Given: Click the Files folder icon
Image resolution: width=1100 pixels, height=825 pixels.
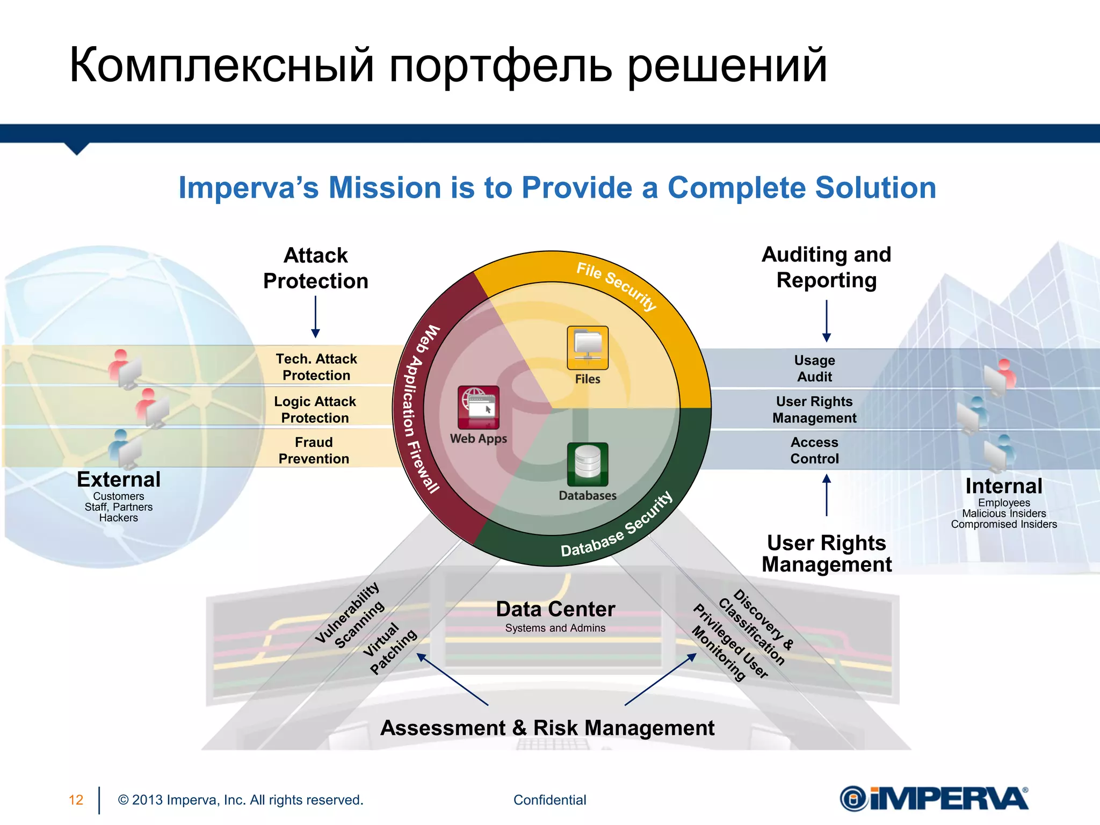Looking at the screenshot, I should [x=588, y=348].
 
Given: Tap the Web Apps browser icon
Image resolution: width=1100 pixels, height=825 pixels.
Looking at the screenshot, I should [x=478, y=407].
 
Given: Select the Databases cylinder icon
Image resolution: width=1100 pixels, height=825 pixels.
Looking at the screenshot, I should [x=588, y=464].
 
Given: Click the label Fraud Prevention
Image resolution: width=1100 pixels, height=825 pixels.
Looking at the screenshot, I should [x=314, y=450].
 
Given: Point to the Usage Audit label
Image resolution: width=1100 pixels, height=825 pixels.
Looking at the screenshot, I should [x=814, y=368].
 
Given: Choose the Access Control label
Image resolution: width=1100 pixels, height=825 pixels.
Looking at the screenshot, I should [x=814, y=450].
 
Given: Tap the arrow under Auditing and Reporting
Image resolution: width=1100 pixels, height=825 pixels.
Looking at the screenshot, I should [x=827, y=321].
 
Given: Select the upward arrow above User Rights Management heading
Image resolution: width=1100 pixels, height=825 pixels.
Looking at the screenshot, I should [x=827, y=495].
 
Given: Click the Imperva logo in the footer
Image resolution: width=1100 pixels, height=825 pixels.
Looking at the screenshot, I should [x=934, y=799].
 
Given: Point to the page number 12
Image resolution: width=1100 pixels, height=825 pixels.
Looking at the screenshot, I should [x=76, y=800].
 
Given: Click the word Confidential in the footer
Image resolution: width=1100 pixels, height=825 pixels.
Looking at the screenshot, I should [x=549, y=800].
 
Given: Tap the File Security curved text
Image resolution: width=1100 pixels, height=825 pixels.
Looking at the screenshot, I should [x=617, y=285].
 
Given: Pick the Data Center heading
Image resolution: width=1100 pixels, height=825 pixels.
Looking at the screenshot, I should [x=555, y=609].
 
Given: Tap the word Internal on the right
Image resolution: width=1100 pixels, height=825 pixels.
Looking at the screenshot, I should [x=1003, y=486].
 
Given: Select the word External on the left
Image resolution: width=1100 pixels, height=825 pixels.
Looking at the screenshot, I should [x=119, y=479].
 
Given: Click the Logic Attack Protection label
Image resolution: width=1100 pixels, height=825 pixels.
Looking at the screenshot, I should [x=315, y=409].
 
